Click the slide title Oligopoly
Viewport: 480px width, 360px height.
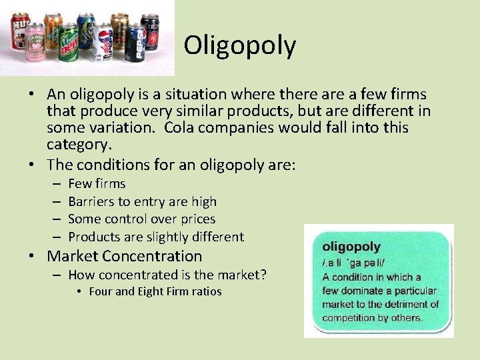point(240,45)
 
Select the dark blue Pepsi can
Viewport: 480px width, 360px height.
point(135,44)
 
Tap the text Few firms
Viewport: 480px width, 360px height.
point(97,183)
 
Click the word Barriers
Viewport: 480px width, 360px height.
point(91,201)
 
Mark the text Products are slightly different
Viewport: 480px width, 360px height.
point(156,237)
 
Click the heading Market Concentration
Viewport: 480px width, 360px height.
point(125,256)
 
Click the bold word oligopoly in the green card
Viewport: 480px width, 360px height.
point(351,247)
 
